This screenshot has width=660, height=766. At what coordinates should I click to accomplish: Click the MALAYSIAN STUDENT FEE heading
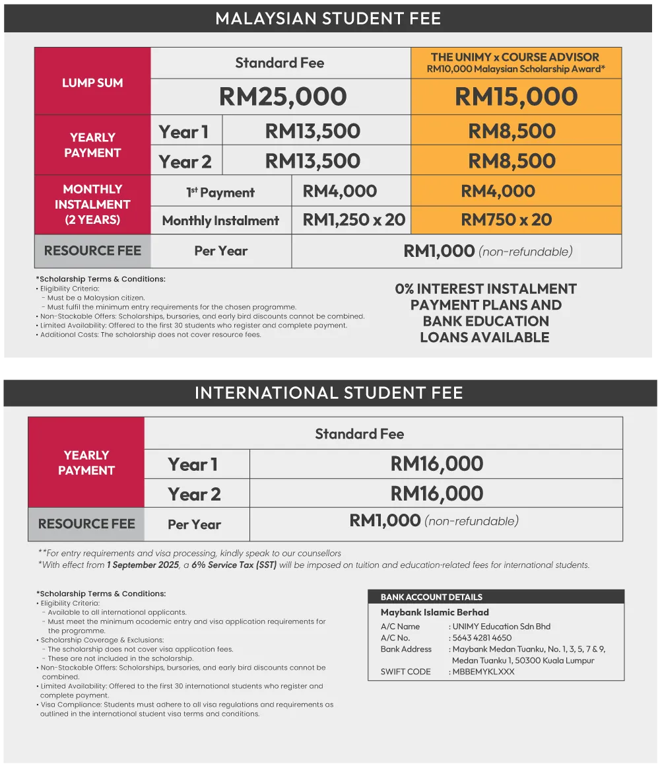[x=328, y=18]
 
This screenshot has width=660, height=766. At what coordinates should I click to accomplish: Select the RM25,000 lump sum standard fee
[x=282, y=97]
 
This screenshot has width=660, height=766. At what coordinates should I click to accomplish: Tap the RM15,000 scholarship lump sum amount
[x=516, y=97]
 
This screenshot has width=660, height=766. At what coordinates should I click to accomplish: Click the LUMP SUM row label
[x=92, y=83]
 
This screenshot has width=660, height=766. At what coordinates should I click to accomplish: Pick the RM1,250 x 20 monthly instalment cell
[x=354, y=220]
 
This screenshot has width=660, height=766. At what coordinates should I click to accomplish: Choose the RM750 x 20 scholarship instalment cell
[x=506, y=220]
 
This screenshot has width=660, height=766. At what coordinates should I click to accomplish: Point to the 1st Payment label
[x=220, y=192]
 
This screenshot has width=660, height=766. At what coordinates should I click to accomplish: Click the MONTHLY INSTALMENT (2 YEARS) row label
[x=92, y=204]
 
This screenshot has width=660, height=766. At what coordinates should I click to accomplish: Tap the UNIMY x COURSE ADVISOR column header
[x=515, y=62]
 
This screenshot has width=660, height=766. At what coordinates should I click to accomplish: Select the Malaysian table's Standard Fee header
[x=280, y=63]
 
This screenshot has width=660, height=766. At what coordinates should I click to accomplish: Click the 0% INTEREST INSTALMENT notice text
[x=485, y=313]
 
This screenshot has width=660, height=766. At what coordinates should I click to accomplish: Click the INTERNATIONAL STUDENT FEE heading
[x=329, y=394]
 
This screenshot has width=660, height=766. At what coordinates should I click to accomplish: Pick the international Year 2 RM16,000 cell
[x=436, y=493]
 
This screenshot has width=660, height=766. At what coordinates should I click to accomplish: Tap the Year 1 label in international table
[x=193, y=464]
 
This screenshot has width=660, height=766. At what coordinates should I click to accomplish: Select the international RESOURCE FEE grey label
[x=86, y=524]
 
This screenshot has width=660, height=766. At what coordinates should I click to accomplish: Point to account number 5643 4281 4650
[x=482, y=638]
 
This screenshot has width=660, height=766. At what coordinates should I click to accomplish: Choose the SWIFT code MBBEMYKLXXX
[x=483, y=672]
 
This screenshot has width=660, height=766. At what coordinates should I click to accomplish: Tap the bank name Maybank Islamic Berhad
[x=434, y=612]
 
